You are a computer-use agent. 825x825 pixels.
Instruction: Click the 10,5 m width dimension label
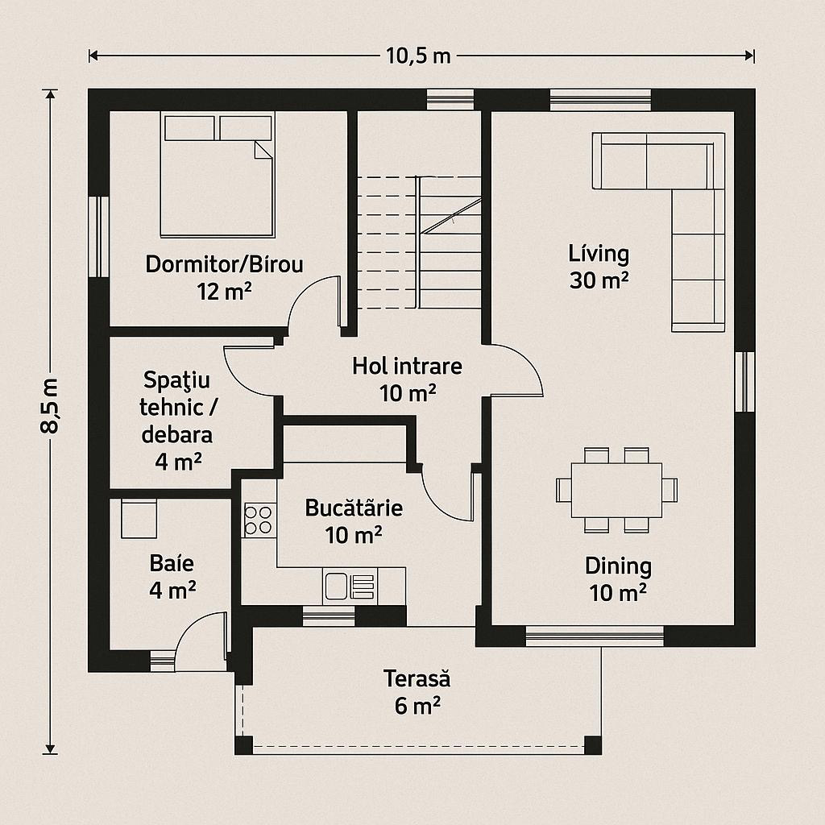[x=418, y=56]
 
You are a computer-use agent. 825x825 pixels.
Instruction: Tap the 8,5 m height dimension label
[x=51, y=405]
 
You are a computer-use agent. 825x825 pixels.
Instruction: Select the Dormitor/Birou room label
[x=224, y=263]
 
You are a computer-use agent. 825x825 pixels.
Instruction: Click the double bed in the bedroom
[x=218, y=175]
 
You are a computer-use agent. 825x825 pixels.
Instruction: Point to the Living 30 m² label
[x=599, y=267]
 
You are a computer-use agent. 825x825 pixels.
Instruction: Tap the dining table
[x=616, y=490]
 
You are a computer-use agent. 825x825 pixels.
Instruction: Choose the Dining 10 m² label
[x=618, y=579]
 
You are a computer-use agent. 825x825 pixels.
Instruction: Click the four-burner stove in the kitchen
[x=259, y=520]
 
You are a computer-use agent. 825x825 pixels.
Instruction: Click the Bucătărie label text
[x=354, y=508]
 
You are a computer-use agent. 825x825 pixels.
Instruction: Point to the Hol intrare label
[x=407, y=367]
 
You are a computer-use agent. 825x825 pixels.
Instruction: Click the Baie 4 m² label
[x=172, y=577]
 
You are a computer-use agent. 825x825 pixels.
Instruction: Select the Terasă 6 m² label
[x=417, y=692]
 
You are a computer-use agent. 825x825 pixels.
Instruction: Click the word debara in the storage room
[x=177, y=434]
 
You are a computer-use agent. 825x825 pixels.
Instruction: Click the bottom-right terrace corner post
[x=593, y=745]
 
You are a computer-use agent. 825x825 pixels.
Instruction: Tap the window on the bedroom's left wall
[x=99, y=237]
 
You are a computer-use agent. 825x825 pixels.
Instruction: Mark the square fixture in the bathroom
[x=139, y=519]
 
